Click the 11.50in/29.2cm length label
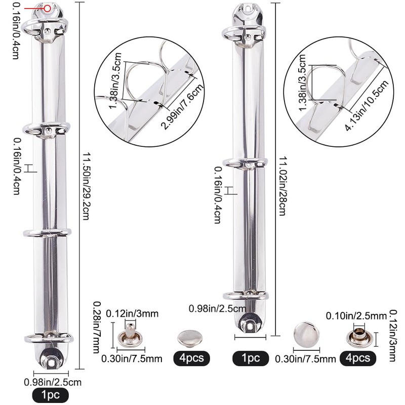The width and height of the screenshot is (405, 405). (x=86, y=186)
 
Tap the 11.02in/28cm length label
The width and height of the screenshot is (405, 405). (x=282, y=186)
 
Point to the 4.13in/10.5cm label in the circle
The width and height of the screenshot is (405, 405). (x=367, y=105)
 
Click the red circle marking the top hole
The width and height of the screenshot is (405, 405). (x=47, y=9)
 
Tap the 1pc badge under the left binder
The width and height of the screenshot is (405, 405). (x=50, y=395)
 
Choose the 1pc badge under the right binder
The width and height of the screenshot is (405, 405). (x=251, y=358)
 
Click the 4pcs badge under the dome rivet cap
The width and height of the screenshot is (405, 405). (x=191, y=358)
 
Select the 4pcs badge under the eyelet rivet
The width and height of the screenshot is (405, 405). (x=358, y=358)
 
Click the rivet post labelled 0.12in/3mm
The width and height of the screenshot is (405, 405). (x=131, y=336)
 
